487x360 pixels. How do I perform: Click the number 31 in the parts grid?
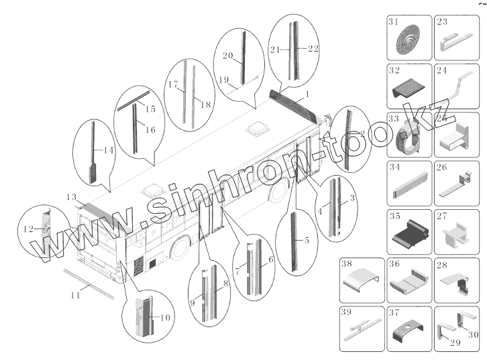(393, 21)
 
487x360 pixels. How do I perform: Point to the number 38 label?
(347, 263)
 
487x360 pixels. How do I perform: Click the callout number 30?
(473, 335)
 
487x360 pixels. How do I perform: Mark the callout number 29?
(455, 343)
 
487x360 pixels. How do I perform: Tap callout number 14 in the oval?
(108, 151)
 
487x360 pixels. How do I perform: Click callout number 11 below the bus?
(76, 295)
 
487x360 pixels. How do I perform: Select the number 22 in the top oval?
(313, 49)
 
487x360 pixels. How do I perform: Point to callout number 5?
(307, 240)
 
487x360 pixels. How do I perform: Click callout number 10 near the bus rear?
(166, 318)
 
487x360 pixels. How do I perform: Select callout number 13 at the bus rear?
(71, 197)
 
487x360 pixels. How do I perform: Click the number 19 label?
(224, 80)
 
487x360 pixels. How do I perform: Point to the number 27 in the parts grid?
(441, 216)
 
